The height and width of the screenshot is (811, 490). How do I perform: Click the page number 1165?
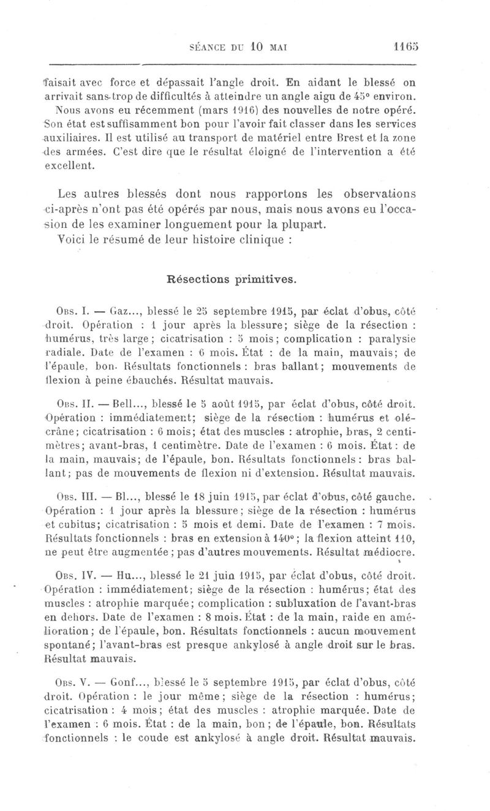pos(405,46)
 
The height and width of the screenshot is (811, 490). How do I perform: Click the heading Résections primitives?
pos(232,279)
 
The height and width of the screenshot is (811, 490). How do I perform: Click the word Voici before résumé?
pos(73,240)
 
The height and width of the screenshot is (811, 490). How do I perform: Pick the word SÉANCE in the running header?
pos(211,47)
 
